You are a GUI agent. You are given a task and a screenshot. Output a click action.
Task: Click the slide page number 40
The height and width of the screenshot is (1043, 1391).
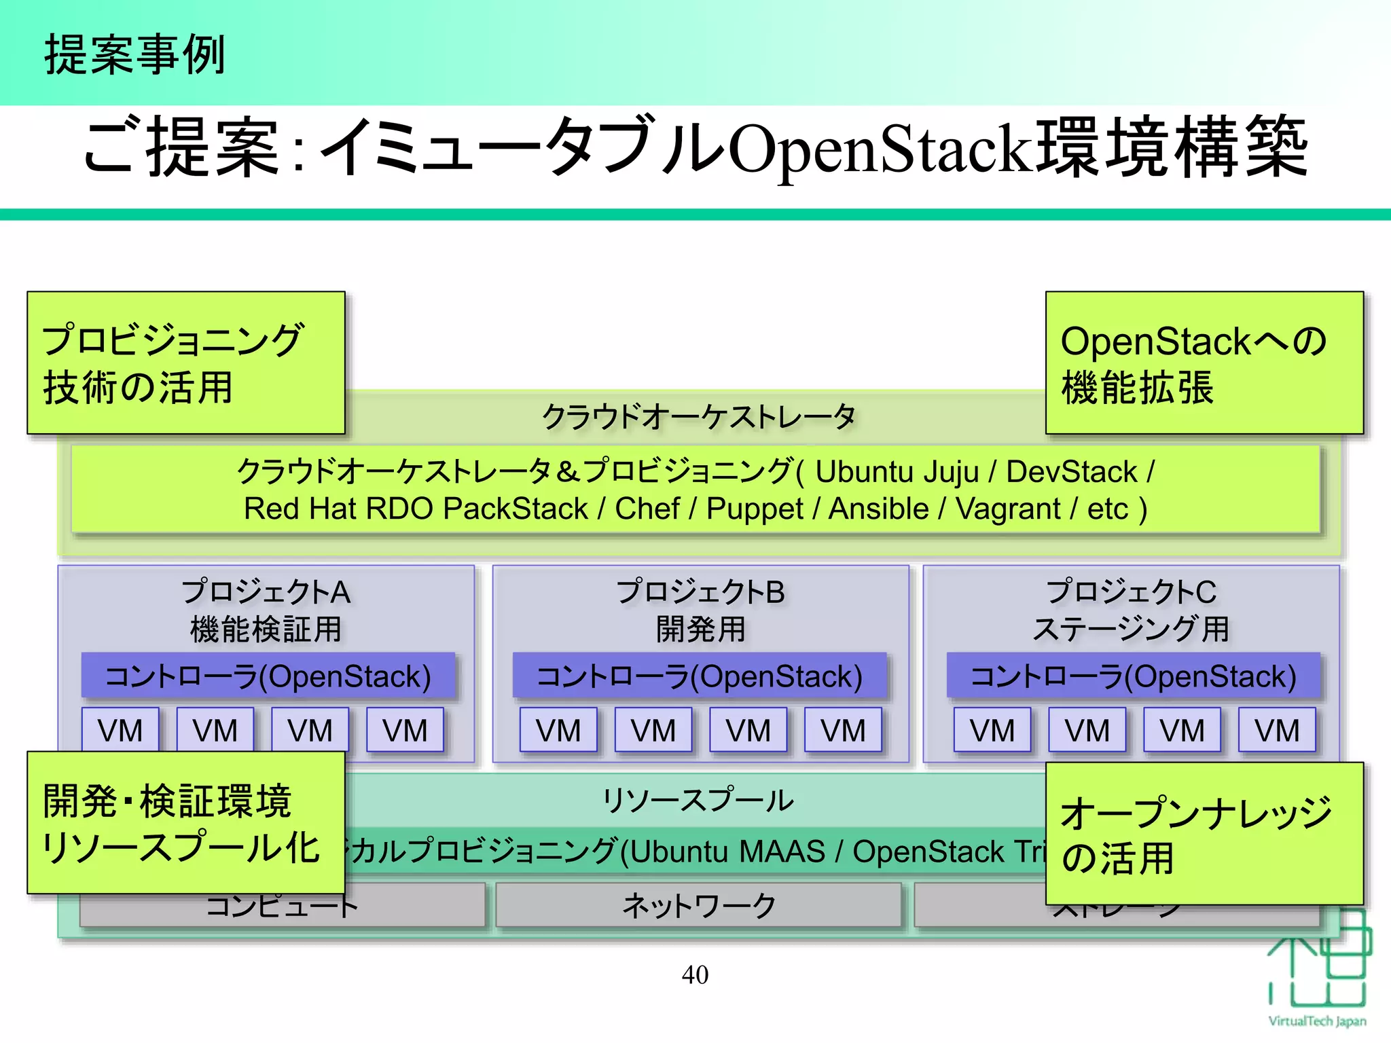click(x=695, y=975)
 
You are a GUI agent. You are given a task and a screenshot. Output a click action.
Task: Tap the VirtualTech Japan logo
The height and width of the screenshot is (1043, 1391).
click(x=1317, y=971)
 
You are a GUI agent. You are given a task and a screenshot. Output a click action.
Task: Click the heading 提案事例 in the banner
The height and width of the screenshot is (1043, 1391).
click(x=134, y=55)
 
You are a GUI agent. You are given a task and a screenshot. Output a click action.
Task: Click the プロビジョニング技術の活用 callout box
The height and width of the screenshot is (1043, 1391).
click(x=185, y=363)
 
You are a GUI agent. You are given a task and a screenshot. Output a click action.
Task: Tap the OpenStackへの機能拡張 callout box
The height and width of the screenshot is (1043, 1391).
click(x=1204, y=363)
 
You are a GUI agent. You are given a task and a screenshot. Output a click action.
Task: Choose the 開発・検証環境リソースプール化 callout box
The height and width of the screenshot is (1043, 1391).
click(x=185, y=822)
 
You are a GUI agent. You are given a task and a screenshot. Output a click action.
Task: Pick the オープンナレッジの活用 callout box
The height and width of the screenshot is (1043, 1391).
click(x=1204, y=833)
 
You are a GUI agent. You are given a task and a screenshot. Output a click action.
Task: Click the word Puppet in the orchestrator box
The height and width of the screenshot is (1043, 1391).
click(x=755, y=509)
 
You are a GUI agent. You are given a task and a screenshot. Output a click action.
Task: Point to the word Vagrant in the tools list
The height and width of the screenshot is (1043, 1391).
click(x=1008, y=509)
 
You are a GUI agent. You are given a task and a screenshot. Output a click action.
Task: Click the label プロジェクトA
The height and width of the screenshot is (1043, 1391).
click(x=266, y=591)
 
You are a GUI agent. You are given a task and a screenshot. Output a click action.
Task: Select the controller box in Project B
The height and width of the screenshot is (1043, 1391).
click(x=700, y=676)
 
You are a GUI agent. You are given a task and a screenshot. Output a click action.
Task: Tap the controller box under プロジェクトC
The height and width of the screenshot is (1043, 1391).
click(x=1133, y=676)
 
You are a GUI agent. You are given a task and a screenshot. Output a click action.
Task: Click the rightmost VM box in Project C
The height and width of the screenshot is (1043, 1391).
click(x=1276, y=731)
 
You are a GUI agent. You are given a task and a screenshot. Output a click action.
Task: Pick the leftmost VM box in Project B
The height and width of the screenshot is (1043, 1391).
click(x=558, y=731)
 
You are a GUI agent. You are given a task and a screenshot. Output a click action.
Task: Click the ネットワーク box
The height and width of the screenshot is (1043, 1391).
click(x=698, y=905)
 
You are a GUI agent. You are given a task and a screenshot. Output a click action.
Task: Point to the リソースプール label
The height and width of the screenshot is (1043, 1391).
click(x=698, y=800)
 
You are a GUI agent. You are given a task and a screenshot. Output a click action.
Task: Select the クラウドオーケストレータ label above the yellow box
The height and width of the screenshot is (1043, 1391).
click(x=698, y=416)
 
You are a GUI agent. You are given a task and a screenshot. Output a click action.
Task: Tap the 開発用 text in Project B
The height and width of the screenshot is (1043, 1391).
click(x=700, y=629)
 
